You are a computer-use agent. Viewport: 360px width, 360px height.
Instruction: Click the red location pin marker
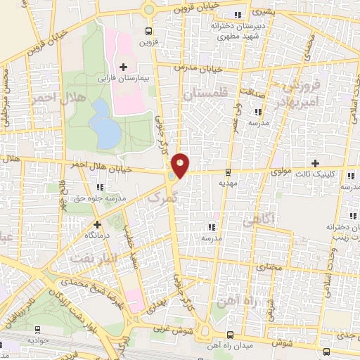(181, 165)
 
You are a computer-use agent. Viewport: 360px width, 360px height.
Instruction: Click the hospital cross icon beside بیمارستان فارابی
(124, 67)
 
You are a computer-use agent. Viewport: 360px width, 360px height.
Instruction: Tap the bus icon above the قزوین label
(148, 31)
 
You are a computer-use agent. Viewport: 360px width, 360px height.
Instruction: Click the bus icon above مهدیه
(228, 172)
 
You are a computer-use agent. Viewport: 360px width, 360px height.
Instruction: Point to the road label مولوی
(280, 171)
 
